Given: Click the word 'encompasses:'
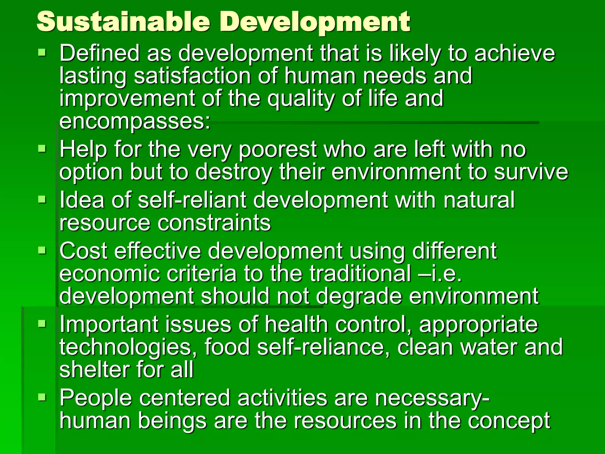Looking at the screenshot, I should [135, 122].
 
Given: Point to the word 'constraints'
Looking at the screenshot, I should [214, 223].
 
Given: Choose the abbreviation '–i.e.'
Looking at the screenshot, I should [440, 274].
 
